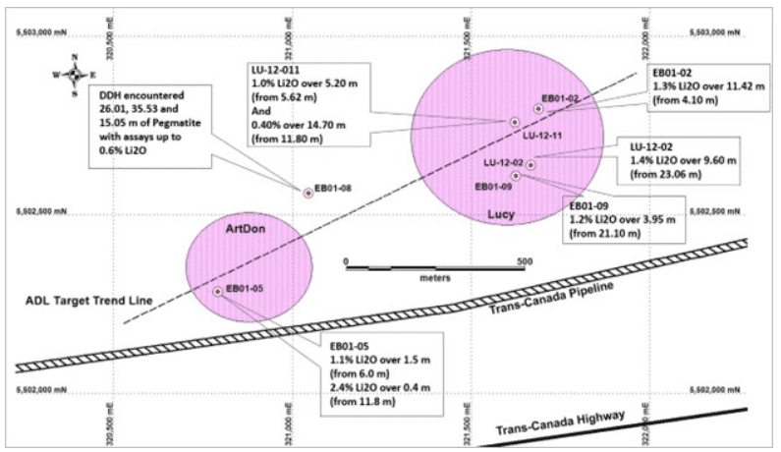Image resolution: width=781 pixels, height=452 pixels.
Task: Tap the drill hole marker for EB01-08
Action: (x=308, y=193)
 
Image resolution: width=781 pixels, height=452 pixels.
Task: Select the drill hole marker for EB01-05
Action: (x=217, y=291)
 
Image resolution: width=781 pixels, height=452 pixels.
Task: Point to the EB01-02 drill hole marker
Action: (x=538, y=109)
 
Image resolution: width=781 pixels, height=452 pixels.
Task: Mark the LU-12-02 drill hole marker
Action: (x=530, y=164)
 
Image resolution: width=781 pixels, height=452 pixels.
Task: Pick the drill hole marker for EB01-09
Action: (x=516, y=176)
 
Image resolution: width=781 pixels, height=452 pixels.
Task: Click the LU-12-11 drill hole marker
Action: (x=514, y=121)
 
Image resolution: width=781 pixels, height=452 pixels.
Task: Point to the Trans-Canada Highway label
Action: (x=560, y=423)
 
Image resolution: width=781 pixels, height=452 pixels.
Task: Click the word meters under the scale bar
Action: (x=434, y=278)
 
